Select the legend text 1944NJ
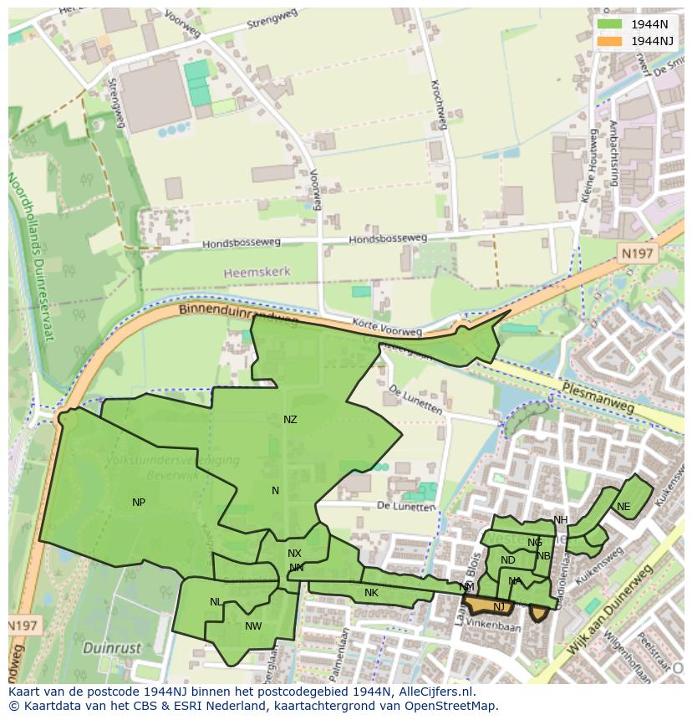click(x=653, y=41)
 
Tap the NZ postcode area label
click(x=290, y=420)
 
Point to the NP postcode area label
click(x=139, y=503)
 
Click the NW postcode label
click(x=253, y=626)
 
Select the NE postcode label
click(x=623, y=507)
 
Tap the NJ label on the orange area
click(x=499, y=607)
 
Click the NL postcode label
click(x=216, y=602)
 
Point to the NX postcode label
click(x=294, y=554)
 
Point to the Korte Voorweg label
click(x=387, y=329)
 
